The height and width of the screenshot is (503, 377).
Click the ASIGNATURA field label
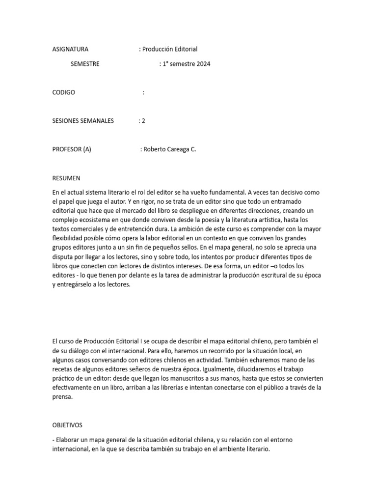coord(70,49)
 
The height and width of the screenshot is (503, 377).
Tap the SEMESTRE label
coord(85,64)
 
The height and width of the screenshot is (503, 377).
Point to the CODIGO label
coord(64,92)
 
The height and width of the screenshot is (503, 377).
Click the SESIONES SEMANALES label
coord(83,121)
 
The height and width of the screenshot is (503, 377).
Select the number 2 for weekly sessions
coord(143,121)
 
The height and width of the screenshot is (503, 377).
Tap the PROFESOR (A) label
coord(72,149)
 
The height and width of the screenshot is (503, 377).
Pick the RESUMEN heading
coord(66,178)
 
